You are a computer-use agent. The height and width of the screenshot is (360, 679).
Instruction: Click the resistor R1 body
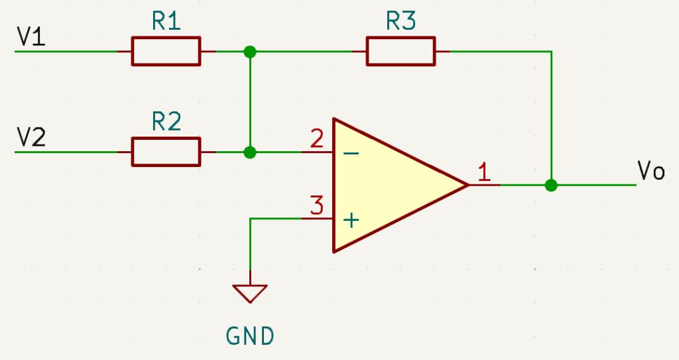[x=166, y=51]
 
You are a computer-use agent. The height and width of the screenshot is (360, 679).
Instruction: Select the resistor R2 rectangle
[x=166, y=152]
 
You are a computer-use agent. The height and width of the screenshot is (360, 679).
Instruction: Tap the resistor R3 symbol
[x=401, y=51]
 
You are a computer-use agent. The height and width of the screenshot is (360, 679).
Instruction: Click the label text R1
[x=166, y=22]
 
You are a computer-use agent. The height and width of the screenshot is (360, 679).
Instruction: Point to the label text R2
[x=166, y=123]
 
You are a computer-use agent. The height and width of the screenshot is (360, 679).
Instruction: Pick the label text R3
[x=401, y=22]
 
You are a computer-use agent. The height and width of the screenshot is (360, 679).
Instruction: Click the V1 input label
[x=31, y=37]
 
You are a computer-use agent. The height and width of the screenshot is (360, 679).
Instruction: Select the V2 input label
[x=31, y=137]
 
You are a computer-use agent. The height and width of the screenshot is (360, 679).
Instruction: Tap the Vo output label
[x=650, y=170]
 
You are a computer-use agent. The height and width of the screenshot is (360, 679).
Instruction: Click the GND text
[x=250, y=336]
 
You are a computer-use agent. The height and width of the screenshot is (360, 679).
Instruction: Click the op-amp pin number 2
[x=317, y=139]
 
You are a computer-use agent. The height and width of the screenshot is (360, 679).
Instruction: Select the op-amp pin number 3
[x=317, y=206]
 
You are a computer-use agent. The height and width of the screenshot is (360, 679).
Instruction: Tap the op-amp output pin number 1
[x=485, y=172]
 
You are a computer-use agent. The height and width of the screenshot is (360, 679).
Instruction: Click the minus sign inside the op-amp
[x=351, y=153]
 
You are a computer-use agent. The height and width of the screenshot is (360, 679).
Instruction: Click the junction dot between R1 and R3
[x=250, y=51]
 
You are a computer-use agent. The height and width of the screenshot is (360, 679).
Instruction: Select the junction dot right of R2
[x=250, y=152]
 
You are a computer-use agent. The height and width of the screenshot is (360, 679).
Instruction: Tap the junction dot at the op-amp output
[x=550, y=185]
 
